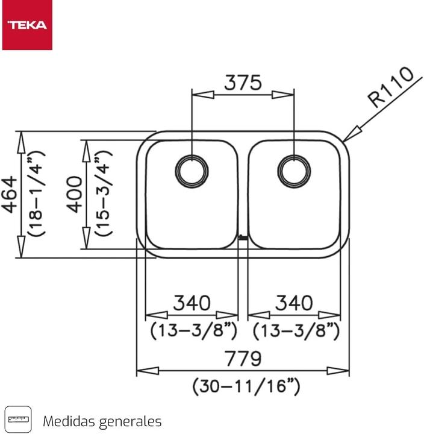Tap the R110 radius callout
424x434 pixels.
tap(391, 87)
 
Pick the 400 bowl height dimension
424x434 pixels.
tap(75, 194)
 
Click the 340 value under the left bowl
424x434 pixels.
tap(192, 303)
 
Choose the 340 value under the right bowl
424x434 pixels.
tap(295, 303)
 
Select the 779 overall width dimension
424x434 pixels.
tap(243, 359)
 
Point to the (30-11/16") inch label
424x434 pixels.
tap(246, 386)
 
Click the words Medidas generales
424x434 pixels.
tap(102, 420)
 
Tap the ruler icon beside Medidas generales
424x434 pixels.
tap(17, 418)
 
